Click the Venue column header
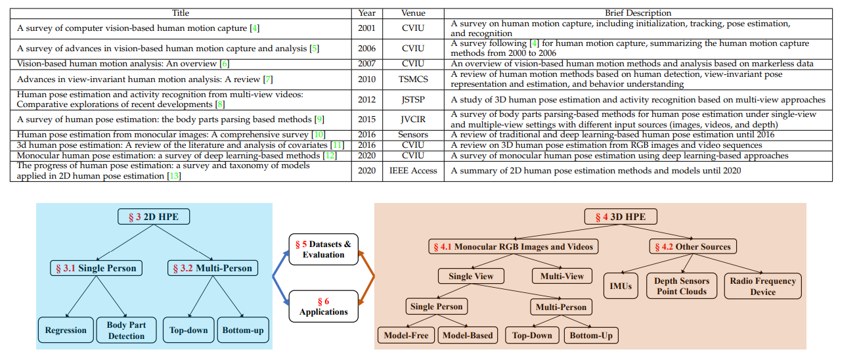[x=413, y=13]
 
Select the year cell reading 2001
[x=366, y=28]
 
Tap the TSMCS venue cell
[x=413, y=79]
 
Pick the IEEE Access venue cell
[x=413, y=171]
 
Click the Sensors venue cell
[x=413, y=135]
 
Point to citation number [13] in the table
[x=174, y=176]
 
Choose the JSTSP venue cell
[x=413, y=100]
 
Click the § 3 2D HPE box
[x=154, y=217]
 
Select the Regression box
[x=66, y=330]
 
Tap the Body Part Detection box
[x=126, y=330]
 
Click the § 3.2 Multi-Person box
[x=212, y=268]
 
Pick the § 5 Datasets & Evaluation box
[x=323, y=250]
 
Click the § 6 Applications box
[x=323, y=306]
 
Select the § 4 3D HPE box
[x=621, y=217]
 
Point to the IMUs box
[x=621, y=286]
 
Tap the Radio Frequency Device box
[x=762, y=286]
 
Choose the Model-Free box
[x=406, y=335]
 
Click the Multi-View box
[x=562, y=275]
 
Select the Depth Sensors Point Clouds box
[x=682, y=286]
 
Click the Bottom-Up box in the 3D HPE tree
[x=591, y=335]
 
